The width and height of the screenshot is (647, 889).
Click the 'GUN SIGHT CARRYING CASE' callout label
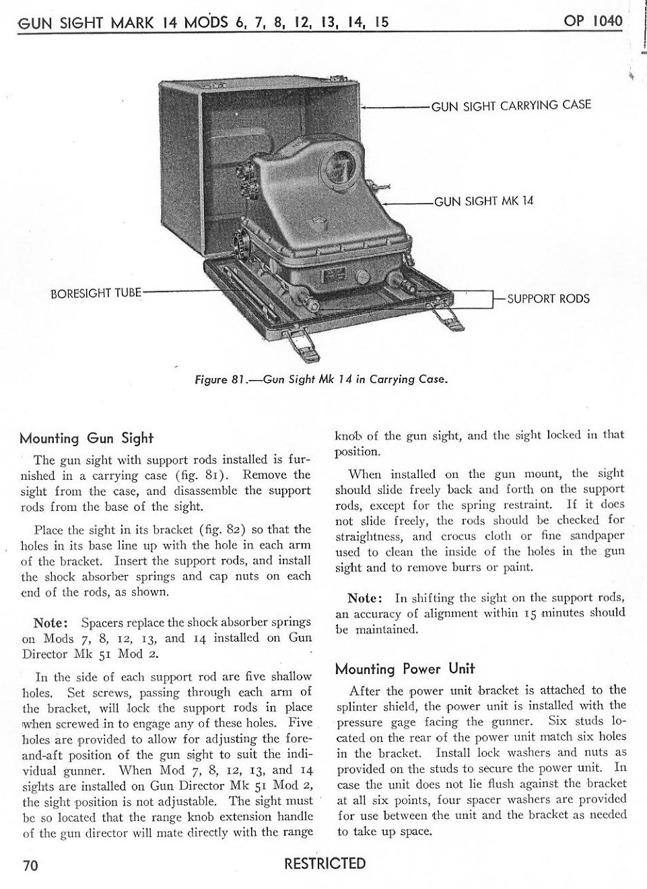click(x=510, y=105)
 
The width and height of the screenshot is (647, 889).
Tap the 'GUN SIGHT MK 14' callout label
click(x=483, y=201)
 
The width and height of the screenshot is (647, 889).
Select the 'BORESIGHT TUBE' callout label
click(x=96, y=293)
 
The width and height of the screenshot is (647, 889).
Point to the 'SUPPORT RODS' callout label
click(x=547, y=299)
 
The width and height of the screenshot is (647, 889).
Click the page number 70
click(x=28, y=866)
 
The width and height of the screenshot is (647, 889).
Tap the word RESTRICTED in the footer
click(x=325, y=864)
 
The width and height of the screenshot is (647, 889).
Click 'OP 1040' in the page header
click(x=594, y=20)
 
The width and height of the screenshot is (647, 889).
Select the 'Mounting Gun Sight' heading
click(x=87, y=438)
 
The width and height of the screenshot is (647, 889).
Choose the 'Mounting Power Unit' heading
click(x=405, y=669)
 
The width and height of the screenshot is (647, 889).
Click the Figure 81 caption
click(x=321, y=379)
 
